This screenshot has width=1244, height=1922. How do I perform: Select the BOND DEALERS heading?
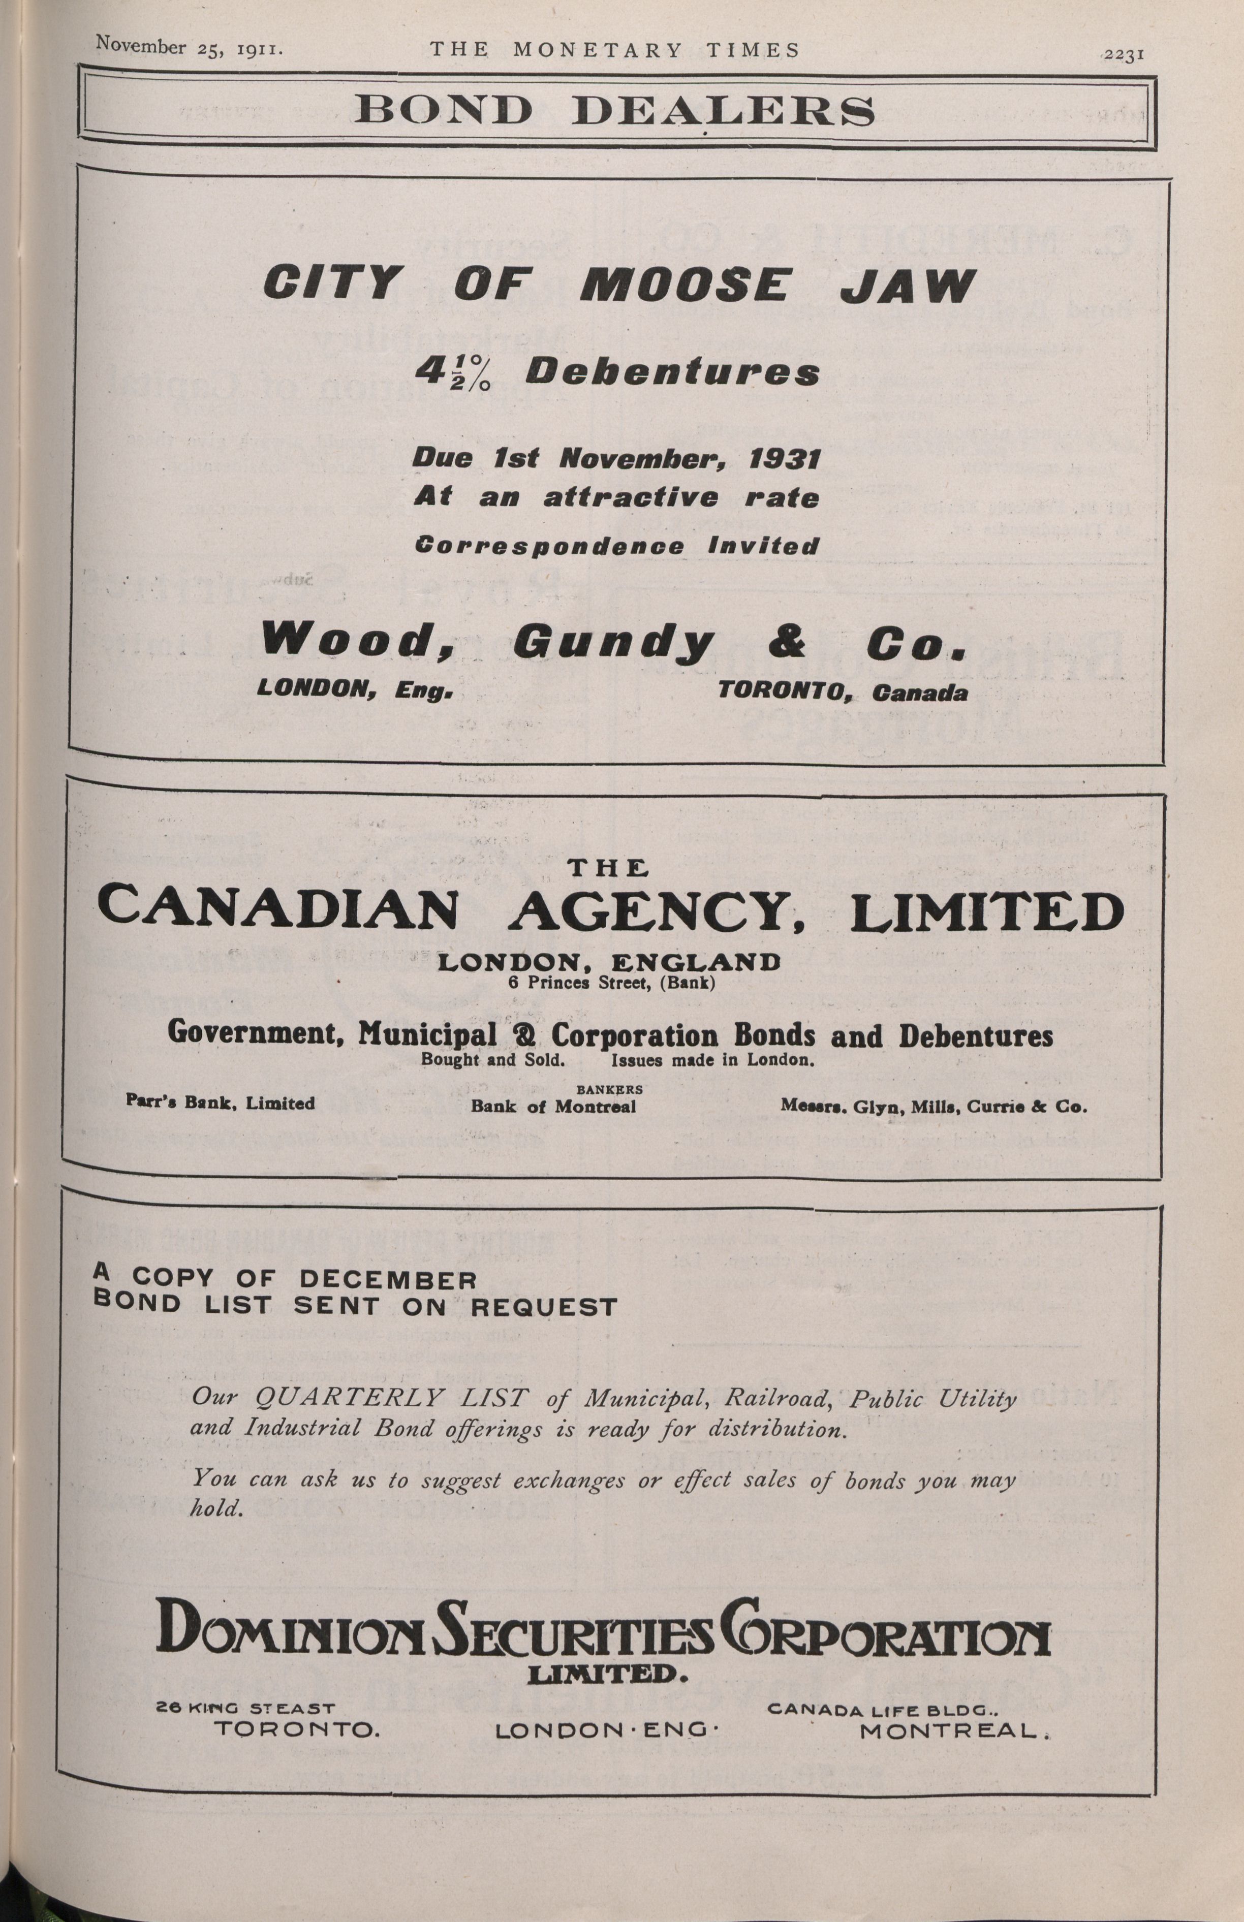click(615, 111)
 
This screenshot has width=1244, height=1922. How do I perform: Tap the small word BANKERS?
click(609, 1089)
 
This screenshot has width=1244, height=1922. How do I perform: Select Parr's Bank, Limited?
click(221, 1102)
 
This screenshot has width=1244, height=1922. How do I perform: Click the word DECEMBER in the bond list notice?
click(388, 1280)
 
